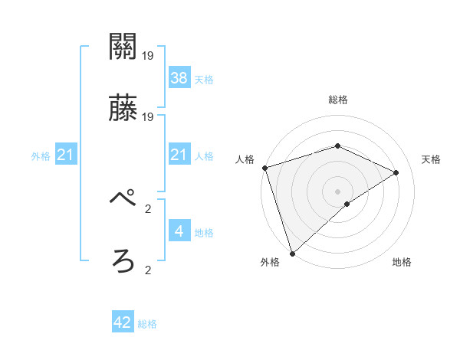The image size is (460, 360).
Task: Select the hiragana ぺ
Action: coord(123,200)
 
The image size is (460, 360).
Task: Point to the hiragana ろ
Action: coord(123,261)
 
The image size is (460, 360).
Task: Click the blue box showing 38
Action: coord(179,78)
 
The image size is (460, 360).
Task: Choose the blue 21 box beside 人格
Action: coord(179,155)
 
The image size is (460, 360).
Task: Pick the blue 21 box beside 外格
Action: coord(66,155)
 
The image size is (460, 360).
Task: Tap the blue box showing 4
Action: coord(179,231)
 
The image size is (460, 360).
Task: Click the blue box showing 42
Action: coord(123,322)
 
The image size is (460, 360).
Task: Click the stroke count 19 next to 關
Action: coord(148,56)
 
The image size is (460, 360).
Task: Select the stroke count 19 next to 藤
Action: coord(148,117)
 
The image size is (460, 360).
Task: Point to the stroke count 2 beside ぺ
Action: coord(148,208)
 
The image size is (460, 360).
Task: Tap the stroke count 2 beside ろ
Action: coord(148,270)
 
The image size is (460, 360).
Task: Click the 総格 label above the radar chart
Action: coord(337,100)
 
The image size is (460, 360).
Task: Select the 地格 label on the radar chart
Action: coord(402,262)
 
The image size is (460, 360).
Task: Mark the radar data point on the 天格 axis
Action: coord(396,172)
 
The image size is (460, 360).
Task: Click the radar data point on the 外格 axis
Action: coord(291,254)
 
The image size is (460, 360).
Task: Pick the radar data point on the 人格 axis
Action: coord(264,168)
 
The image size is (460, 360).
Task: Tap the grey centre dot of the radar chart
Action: coord(337,191)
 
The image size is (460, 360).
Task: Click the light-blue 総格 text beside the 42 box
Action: coord(147,324)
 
